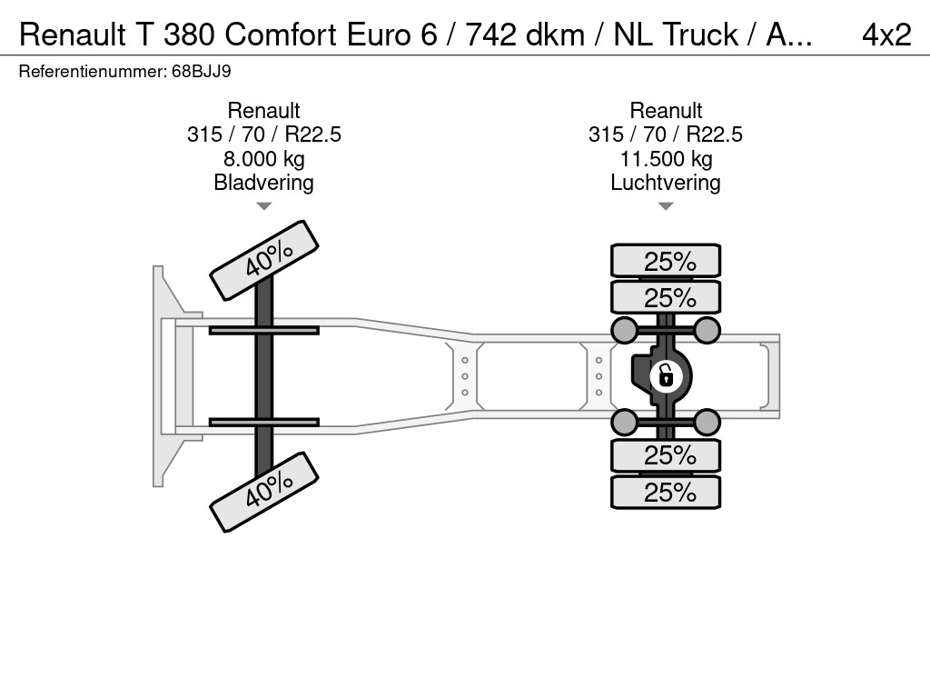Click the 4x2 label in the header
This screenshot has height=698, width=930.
[886, 35]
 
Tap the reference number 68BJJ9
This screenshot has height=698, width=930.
[201, 72]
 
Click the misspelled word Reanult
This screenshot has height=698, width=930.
[666, 110]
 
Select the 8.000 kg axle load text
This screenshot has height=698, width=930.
[264, 159]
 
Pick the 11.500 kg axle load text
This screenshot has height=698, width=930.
[666, 159]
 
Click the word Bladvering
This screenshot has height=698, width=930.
[264, 183]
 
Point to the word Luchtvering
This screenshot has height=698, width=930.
[666, 183]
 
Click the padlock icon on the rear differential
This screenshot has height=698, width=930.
[666, 376]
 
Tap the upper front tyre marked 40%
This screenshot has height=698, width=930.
[264, 260]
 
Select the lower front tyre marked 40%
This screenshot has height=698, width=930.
[264, 492]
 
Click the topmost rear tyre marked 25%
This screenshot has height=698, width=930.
[666, 261]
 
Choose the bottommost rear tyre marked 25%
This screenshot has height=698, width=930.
[666, 492]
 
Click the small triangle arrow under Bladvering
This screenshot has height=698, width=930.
[264, 206]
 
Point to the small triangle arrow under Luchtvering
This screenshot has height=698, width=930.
[666, 206]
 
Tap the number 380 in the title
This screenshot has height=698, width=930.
[189, 35]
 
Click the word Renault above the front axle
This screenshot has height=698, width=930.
[264, 110]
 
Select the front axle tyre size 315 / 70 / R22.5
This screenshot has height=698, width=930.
[264, 135]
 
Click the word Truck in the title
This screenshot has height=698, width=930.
[700, 35]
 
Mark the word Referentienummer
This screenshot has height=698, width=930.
[93, 72]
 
